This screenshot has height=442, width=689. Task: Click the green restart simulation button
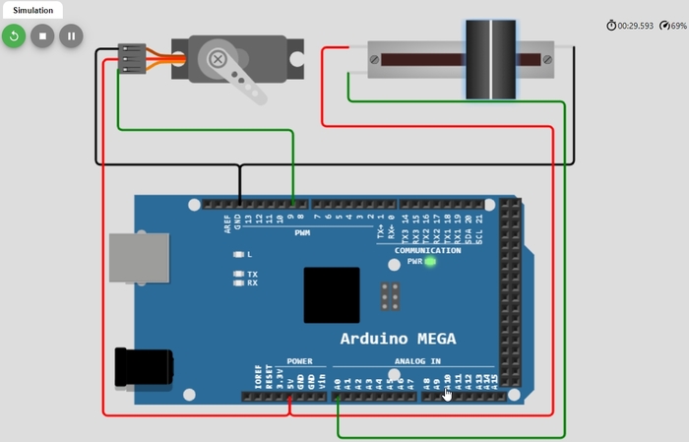13,36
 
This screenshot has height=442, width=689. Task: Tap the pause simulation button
70,36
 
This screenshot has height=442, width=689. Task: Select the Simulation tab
32,10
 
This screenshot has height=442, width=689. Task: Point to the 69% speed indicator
672,26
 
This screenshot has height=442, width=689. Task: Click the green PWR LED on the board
430,262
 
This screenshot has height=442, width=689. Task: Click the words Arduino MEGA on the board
398,339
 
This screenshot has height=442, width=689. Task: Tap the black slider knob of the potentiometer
490,59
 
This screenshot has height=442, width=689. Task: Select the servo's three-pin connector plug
132,59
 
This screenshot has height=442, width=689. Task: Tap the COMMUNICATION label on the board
427,250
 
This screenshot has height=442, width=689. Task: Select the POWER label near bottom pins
299,361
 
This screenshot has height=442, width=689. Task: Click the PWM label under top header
301,232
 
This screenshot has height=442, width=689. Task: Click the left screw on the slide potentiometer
375,59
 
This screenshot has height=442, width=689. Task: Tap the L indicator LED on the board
237,254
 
